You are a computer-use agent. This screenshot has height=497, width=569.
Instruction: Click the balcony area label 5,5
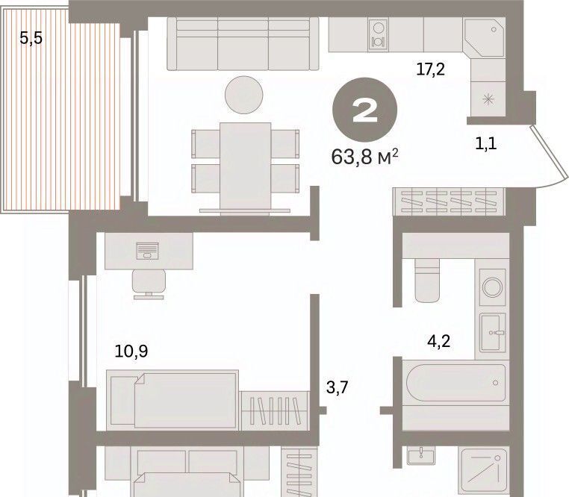tap(31, 38)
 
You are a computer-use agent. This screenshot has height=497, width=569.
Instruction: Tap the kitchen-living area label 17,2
tap(430, 69)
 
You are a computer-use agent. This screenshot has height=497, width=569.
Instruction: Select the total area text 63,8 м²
tap(364, 157)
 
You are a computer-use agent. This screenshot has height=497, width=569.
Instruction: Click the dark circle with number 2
tap(364, 110)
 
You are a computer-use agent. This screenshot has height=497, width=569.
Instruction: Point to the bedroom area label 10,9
tap(131, 351)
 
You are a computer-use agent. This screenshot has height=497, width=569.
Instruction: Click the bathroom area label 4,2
tap(439, 341)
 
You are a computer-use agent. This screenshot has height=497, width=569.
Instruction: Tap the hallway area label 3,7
tap(337, 387)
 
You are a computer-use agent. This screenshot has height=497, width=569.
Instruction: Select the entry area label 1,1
tap(486, 144)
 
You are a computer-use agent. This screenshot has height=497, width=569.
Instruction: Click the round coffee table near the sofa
tap(244, 95)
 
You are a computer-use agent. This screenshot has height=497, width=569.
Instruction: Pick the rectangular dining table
tap(246, 168)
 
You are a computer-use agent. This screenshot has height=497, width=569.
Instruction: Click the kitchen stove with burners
tap(378, 34)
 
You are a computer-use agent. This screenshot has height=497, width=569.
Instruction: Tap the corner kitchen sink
tap(484, 37)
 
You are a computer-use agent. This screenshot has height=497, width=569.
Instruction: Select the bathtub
tap(455, 382)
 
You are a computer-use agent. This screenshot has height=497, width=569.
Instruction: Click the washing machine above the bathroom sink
tap(492, 287)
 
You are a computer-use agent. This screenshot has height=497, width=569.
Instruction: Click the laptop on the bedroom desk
tap(147, 251)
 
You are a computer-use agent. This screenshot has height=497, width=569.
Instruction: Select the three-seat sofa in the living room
tap(243, 43)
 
